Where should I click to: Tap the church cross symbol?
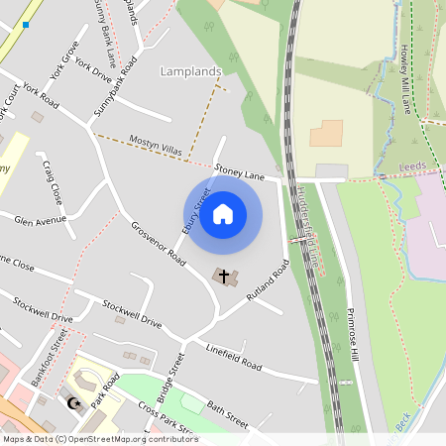click(x=224, y=276)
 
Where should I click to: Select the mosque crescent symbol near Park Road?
click(x=71, y=402)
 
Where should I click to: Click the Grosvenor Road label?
click(x=159, y=243)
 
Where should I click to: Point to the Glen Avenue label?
click(x=40, y=221)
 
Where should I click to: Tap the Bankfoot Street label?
click(x=48, y=357)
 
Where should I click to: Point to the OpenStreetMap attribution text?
click(x=99, y=439)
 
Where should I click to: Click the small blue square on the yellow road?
click(x=26, y=24)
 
